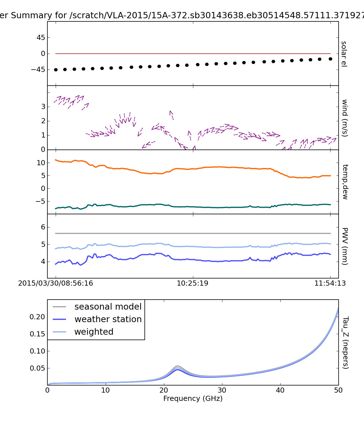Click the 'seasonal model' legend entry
coord(108,307)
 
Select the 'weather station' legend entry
coord(108,319)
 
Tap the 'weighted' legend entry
coord(94,332)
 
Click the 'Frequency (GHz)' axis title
coord(193,399)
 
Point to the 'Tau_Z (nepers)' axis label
coord(345,343)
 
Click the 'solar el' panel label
coord(344,54)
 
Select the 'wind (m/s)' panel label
coord(345,118)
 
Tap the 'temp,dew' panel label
coord(345,182)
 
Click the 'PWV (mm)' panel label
coord(345,246)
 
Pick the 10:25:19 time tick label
coord(193,283)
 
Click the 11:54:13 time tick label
coord(330,283)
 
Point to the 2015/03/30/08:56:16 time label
coord(56,283)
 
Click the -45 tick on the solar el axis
coord(38,70)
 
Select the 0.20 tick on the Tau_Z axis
coord(37,317)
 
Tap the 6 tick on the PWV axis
coord(43,227)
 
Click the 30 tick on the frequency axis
coord(222,390)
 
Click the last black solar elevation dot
coord(330,59)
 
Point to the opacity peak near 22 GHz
coord(178,366)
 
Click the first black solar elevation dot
coord(56,70)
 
